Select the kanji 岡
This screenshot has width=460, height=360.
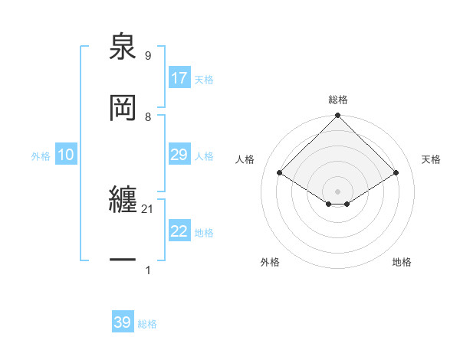(x=123, y=108)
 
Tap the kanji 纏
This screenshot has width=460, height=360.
(x=123, y=201)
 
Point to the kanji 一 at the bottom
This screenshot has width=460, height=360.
(x=123, y=261)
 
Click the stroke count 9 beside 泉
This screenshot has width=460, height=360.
(x=147, y=55)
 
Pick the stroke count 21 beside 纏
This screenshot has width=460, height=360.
(x=148, y=208)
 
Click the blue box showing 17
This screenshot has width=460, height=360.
(x=179, y=78)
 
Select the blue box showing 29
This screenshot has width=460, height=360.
(x=179, y=155)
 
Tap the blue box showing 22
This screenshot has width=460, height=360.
(x=179, y=231)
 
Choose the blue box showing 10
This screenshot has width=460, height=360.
(x=66, y=155)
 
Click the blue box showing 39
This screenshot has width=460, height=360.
(x=123, y=322)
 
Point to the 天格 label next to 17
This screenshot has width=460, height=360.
(x=204, y=80)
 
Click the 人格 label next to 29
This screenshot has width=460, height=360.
(x=204, y=156)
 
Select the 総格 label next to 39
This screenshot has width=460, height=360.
(x=147, y=324)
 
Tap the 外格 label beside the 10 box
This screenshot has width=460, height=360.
(x=41, y=156)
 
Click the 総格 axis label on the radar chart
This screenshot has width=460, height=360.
(x=338, y=100)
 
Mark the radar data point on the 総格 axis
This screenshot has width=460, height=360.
(x=338, y=116)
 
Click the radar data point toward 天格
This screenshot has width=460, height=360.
(x=396, y=173)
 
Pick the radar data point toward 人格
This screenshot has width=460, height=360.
(x=280, y=173)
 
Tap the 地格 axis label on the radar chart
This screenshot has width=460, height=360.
(x=402, y=262)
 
